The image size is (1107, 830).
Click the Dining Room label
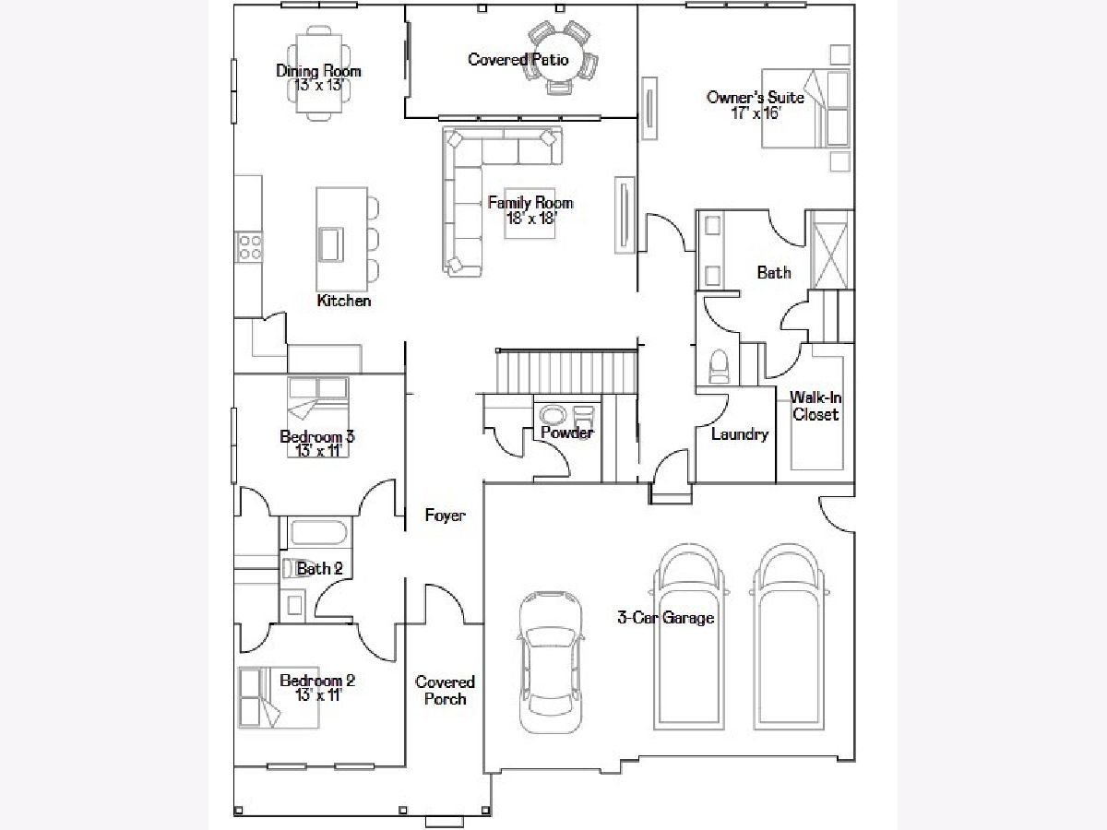click(x=318, y=71)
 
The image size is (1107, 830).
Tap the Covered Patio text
click(x=518, y=59)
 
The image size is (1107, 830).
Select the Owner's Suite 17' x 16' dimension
click(x=756, y=113)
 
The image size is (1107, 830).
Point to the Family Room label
click(x=530, y=203)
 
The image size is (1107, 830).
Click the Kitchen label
click(x=344, y=301)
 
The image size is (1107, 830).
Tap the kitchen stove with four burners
click(x=250, y=247)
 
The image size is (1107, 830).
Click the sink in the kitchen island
click(x=331, y=244)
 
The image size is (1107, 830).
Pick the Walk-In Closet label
click(x=815, y=406)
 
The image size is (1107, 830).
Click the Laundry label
click(x=739, y=433)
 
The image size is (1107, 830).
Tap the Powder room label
click(x=566, y=432)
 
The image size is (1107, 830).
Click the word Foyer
click(x=445, y=515)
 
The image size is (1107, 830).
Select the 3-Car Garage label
click(x=666, y=617)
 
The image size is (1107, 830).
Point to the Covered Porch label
click(x=445, y=690)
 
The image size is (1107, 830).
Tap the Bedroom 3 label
click(x=317, y=436)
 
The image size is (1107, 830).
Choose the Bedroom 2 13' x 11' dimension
click(x=319, y=695)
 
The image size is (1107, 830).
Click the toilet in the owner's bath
click(x=720, y=366)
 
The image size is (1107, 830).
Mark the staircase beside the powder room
click(x=566, y=372)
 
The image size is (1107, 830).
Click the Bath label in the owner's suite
click(x=774, y=273)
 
